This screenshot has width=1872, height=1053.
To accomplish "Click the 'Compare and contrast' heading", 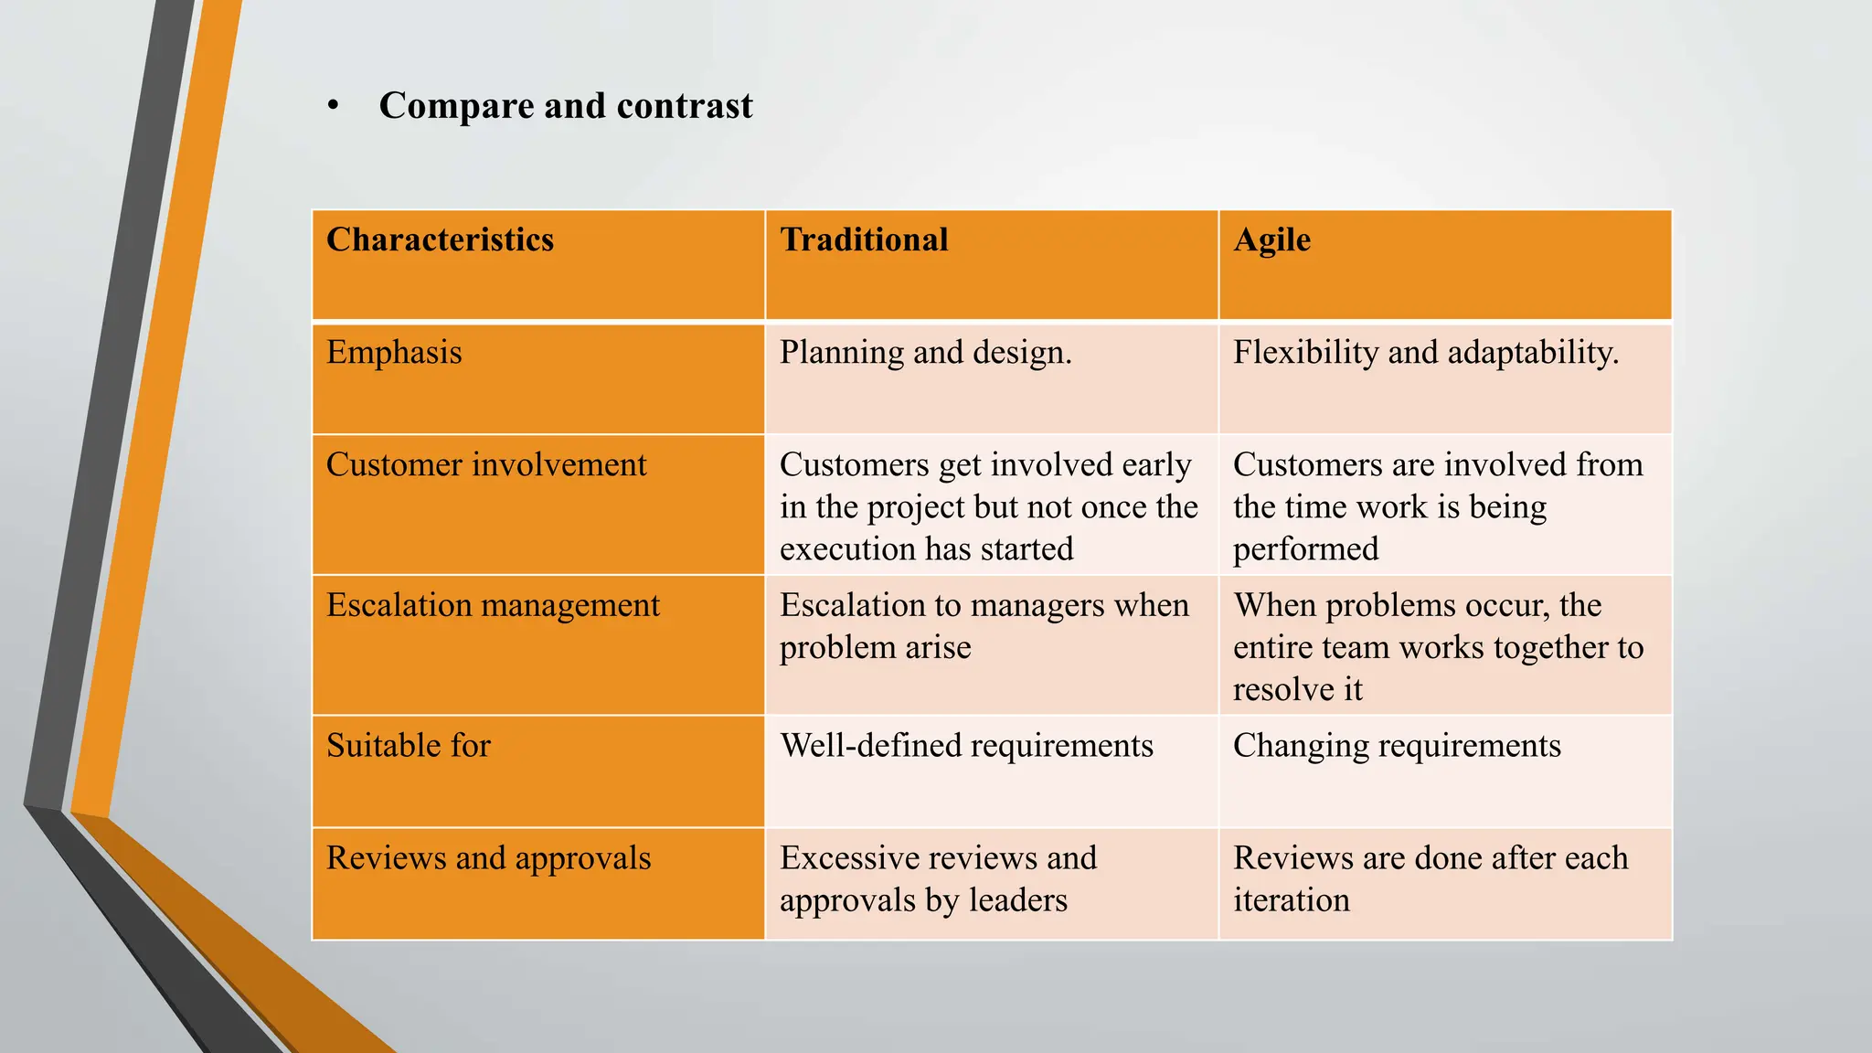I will (x=566, y=106).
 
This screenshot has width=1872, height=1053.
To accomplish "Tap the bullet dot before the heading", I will (x=334, y=106).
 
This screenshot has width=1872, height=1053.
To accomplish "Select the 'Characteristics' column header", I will (x=440, y=239).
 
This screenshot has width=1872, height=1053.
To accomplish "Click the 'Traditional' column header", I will (x=864, y=239).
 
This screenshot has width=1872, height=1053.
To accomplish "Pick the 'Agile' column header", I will (x=1271, y=239).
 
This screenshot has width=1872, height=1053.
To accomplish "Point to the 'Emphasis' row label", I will (x=394, y=353).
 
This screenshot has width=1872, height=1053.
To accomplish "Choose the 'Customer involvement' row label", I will (x=486, y=465).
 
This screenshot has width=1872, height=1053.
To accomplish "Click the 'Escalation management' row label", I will (x=493, y=605).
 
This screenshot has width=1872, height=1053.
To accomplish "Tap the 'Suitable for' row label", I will (x=409, y=746).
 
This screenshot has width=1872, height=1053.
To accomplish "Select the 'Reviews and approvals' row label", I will (x=488, y=858).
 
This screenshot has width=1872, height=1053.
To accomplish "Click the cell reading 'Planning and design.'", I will (x=925, y=353).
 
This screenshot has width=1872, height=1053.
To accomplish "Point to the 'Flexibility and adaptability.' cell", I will (x=1426, y=353).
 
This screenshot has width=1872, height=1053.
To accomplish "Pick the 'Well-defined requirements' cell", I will (x=966, y=746).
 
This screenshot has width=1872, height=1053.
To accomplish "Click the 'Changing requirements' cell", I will (x=1397, y=746).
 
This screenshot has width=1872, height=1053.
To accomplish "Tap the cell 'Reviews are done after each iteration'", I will (x=1431, y=878).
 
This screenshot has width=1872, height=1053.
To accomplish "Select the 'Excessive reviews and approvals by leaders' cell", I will (x=938, y=878).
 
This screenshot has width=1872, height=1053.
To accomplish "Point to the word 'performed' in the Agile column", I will (x=1305, y=549).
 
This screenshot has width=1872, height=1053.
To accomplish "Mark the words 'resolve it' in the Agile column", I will (x=1297, y=689).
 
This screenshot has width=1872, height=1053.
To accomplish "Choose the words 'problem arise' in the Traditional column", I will (x=875, y=647).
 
